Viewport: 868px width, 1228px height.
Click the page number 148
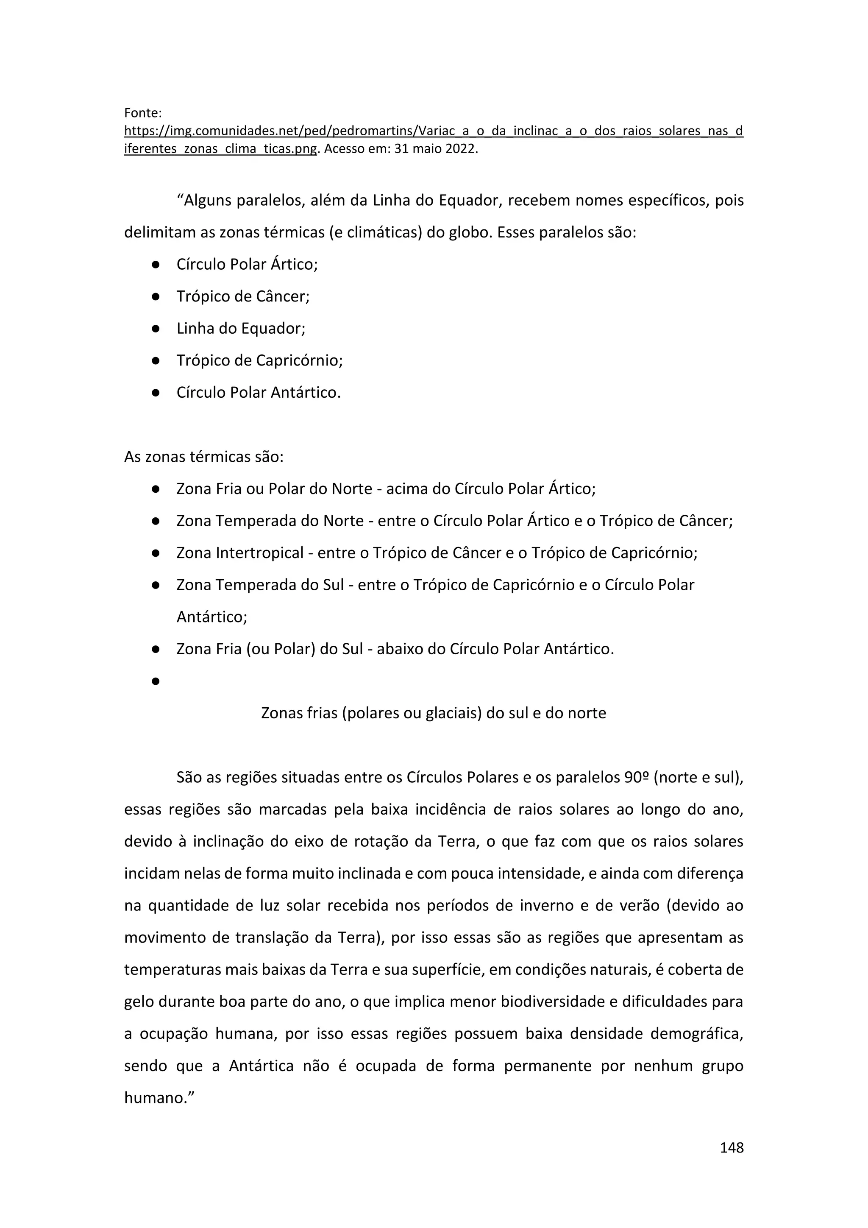731,1147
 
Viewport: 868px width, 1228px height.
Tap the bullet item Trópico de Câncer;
243,296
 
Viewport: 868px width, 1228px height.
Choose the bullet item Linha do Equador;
241,328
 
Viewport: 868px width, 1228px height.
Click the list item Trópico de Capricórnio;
260,360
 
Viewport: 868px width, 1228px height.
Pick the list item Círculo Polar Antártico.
259,393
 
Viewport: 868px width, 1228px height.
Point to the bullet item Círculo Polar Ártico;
247,264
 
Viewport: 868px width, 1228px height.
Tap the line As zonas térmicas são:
203,457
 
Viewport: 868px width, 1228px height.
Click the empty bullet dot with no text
156,681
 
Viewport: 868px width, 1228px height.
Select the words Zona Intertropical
240,553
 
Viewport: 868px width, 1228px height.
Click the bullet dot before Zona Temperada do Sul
156,585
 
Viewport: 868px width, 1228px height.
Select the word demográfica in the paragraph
696,1034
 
